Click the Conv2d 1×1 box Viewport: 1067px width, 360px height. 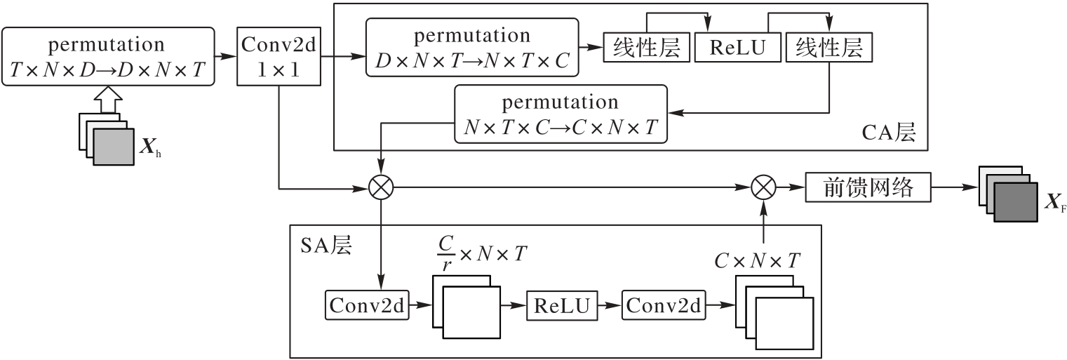tap(279, 56)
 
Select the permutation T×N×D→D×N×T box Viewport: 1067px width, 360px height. tap(107, 56)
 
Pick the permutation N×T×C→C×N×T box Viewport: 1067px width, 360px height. tap(561, 114)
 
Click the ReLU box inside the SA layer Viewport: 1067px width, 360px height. tap(560, 306)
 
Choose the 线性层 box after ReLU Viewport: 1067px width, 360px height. tap(828, 48)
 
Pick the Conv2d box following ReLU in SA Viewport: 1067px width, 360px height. tap(664, 306)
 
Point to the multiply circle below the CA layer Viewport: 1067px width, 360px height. tap(382, 187)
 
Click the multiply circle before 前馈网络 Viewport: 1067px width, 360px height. tap(762, 187)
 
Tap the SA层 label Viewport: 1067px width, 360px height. tap(326, 245)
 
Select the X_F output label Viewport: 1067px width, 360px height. tap(1052, 204)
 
